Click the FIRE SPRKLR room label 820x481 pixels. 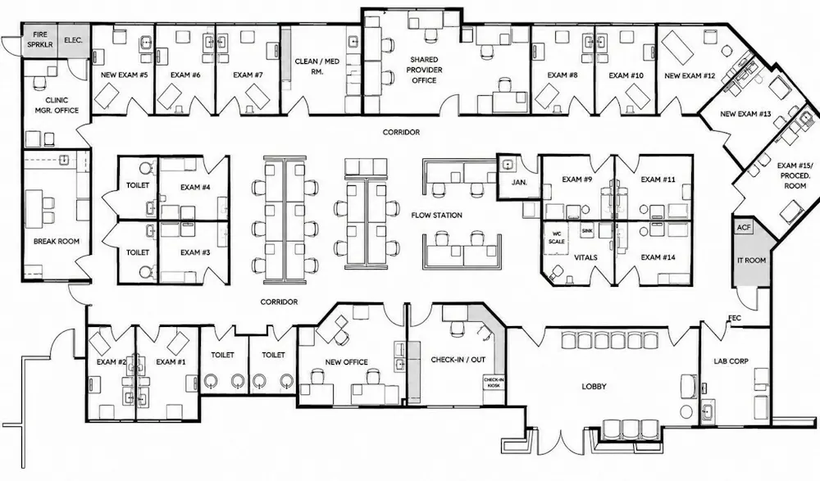[x=40, y=39]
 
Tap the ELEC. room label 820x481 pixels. [x=73, y=39]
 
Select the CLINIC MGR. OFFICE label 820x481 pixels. [x=57, y=105]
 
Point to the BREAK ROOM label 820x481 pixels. [x=57, y=241]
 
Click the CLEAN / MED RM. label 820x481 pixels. [x=317, y=66]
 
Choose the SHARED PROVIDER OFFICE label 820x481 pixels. [x=424, y=70]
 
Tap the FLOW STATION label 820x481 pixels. [x=437, y=215]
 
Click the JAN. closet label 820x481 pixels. [x=519, y=183]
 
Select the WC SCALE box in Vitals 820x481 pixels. [x=557, y=238]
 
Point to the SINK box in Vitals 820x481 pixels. [x=587, y=230]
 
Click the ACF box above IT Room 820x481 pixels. [x=743, y=228]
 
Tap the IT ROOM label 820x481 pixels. [x=751, y=261]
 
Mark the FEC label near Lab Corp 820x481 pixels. [x=735, y=318]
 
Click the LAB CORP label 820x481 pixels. [x=731, y=361]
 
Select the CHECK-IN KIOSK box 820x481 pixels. [x=494, y=383]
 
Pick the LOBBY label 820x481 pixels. [x=594, y=387]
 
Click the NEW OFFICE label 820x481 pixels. [x=346, y=362]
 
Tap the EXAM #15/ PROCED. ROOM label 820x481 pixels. [x=795, y=175]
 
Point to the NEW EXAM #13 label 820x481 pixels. [x=745, y=114]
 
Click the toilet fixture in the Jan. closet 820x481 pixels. [x=506, y=164]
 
